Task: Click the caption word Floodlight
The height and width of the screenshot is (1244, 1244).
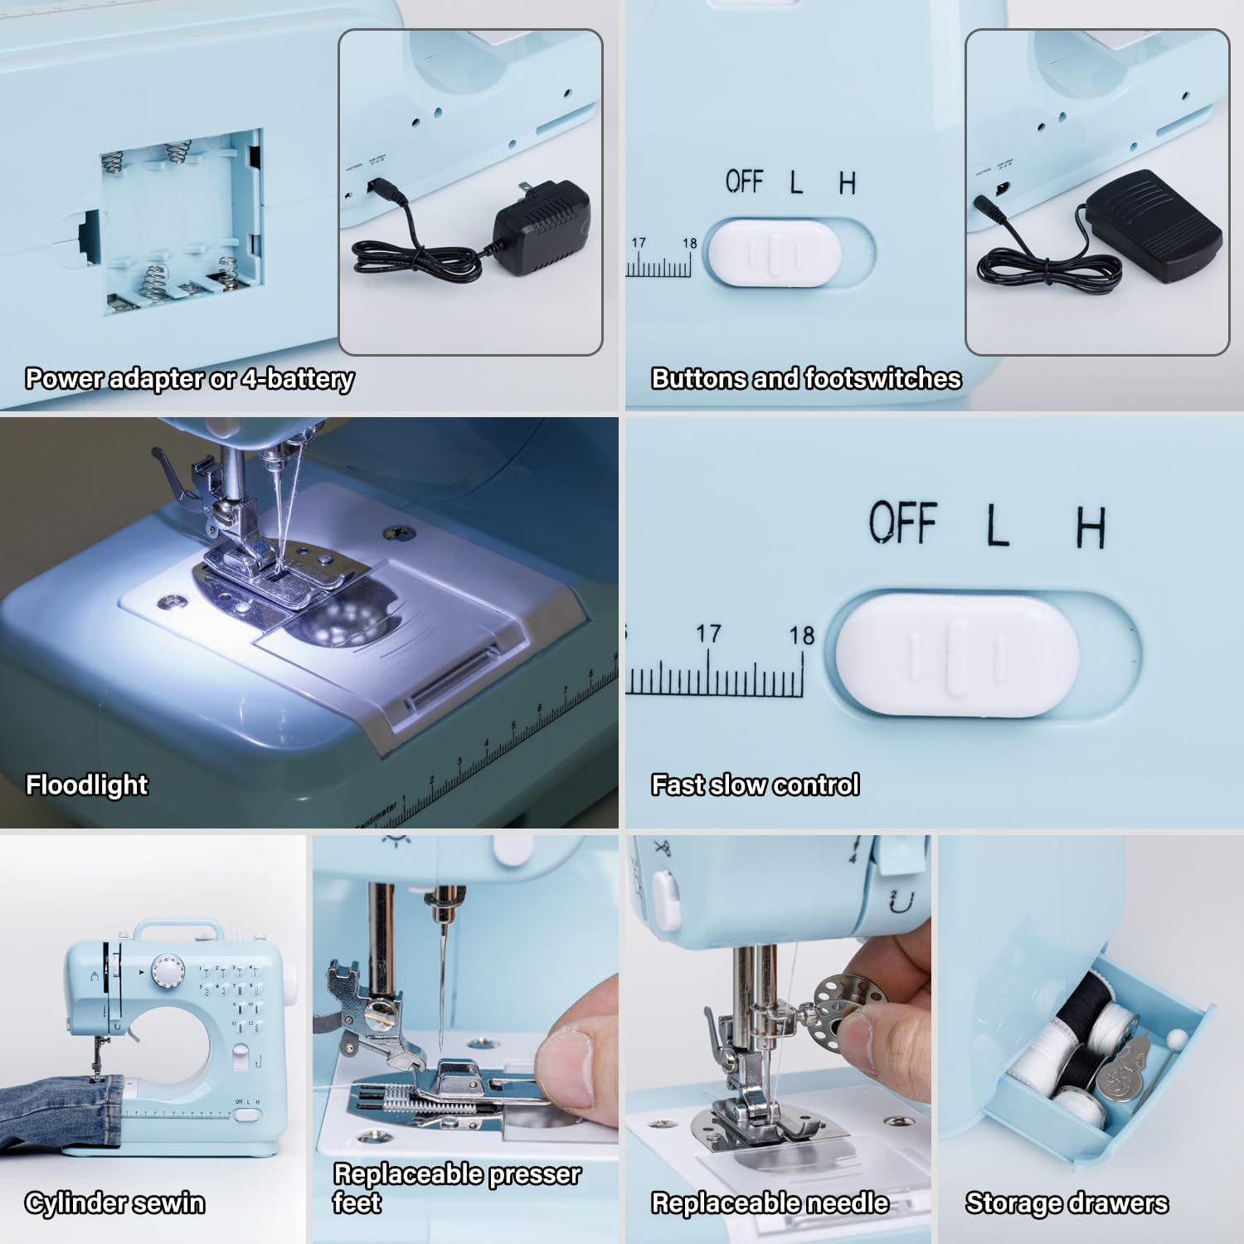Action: click(87, 785)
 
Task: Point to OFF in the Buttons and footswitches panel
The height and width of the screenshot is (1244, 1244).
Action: click(744, 181)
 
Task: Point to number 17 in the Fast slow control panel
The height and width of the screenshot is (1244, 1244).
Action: click(707, 634)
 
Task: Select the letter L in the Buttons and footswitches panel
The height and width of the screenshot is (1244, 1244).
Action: click(796, 182)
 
